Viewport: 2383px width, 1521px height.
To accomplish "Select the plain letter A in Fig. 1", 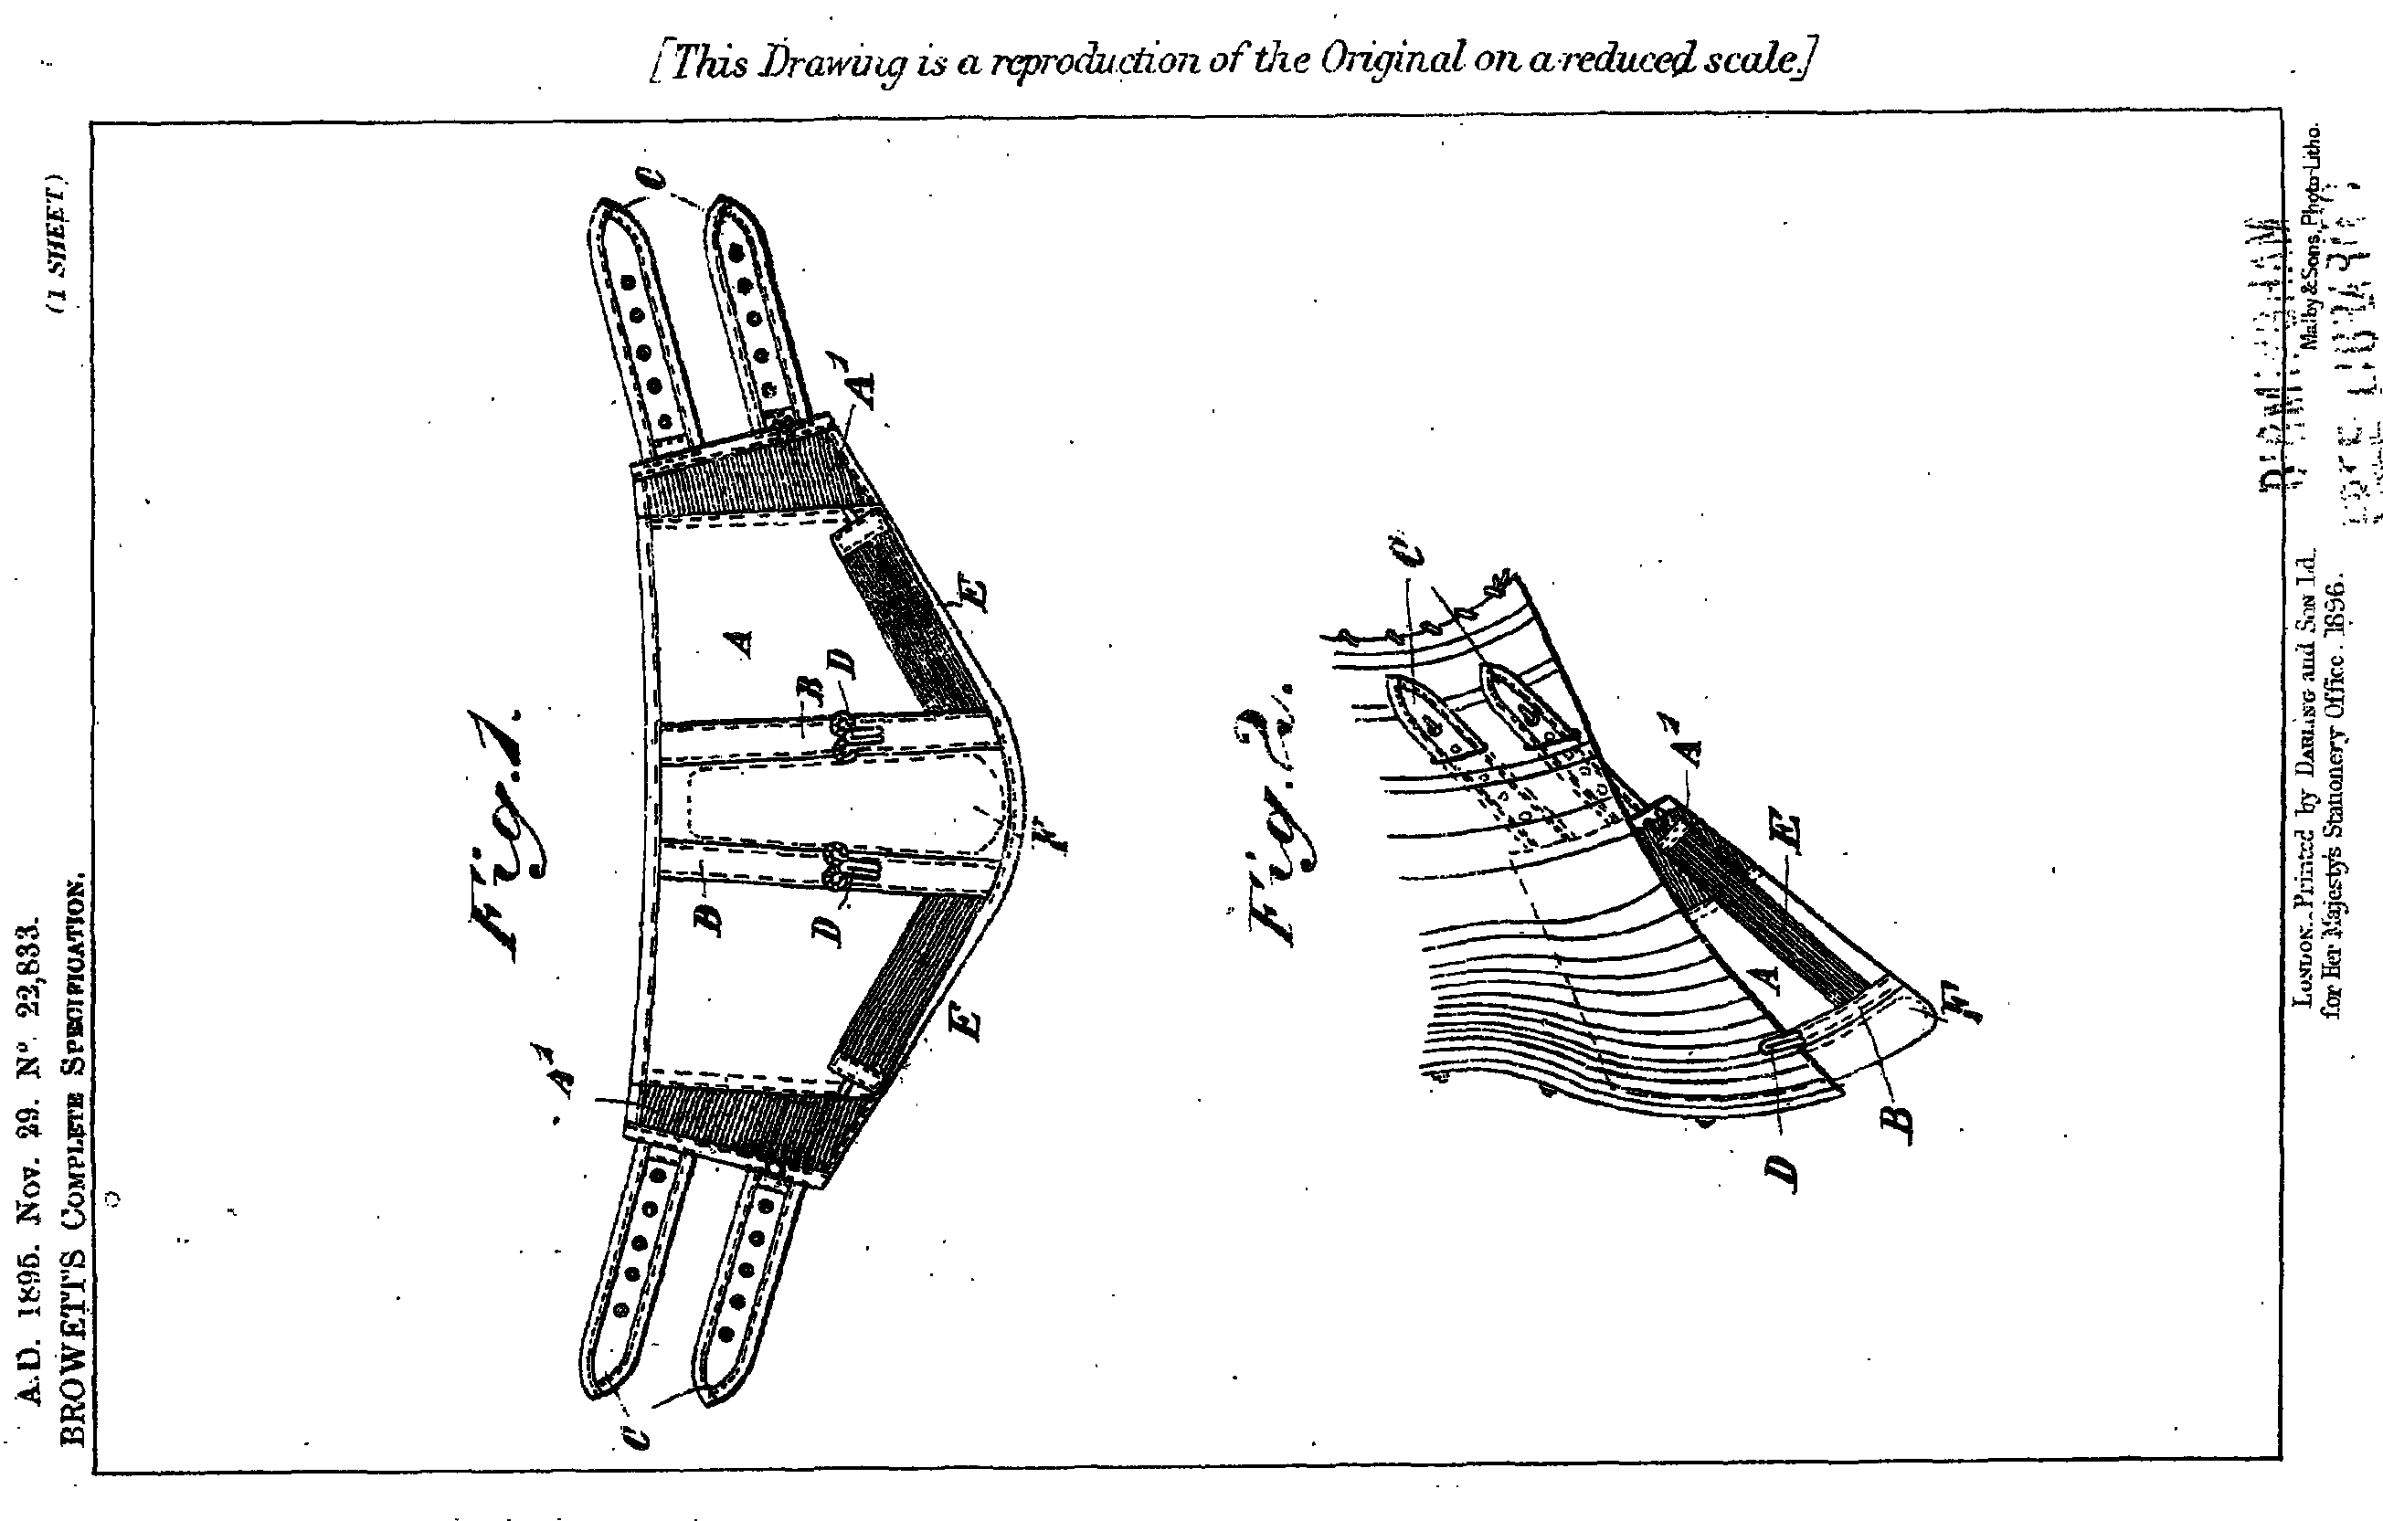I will tap(741, 644).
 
